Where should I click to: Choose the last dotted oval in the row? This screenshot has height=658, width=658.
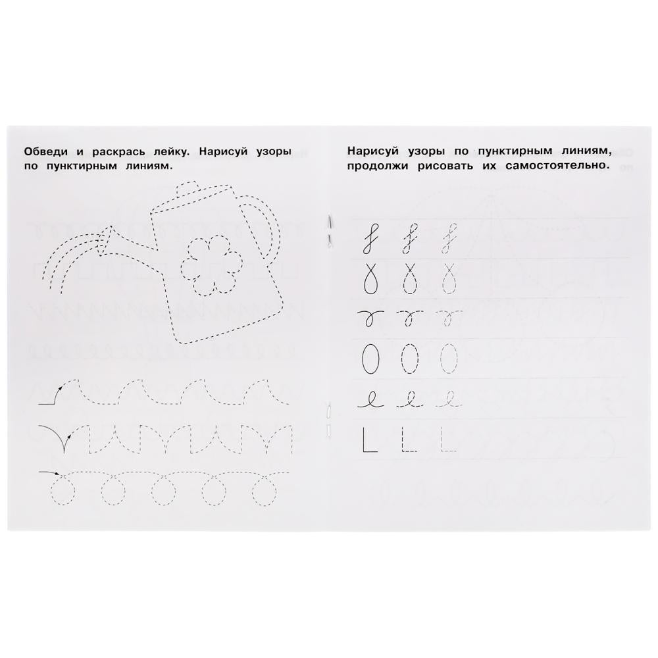450,358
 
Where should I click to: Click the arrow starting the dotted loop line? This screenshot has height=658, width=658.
50,472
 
